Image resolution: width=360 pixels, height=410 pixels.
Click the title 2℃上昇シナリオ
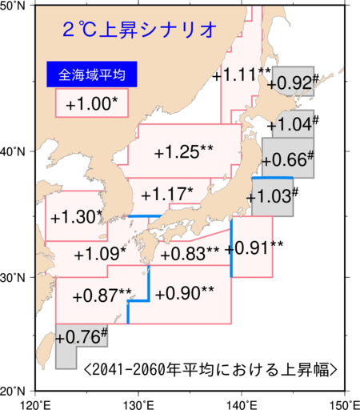[x=140, y=30]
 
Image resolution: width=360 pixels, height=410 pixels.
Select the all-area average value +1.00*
[x=91, y=105]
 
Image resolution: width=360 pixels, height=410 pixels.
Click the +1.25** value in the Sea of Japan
[x=183, y=152]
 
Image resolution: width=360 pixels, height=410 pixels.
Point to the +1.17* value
[x=166, y=194]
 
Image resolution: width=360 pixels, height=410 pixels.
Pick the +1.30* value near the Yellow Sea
[x=77, y=217]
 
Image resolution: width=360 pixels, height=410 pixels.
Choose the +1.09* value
[x=99, y=255]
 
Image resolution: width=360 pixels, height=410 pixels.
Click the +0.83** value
[x=190, y=254]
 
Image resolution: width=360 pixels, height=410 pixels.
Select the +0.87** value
[x=102, y=295]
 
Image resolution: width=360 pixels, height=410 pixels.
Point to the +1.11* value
[x=242, y=75]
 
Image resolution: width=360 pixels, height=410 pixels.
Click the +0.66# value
[x=287, y=159]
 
